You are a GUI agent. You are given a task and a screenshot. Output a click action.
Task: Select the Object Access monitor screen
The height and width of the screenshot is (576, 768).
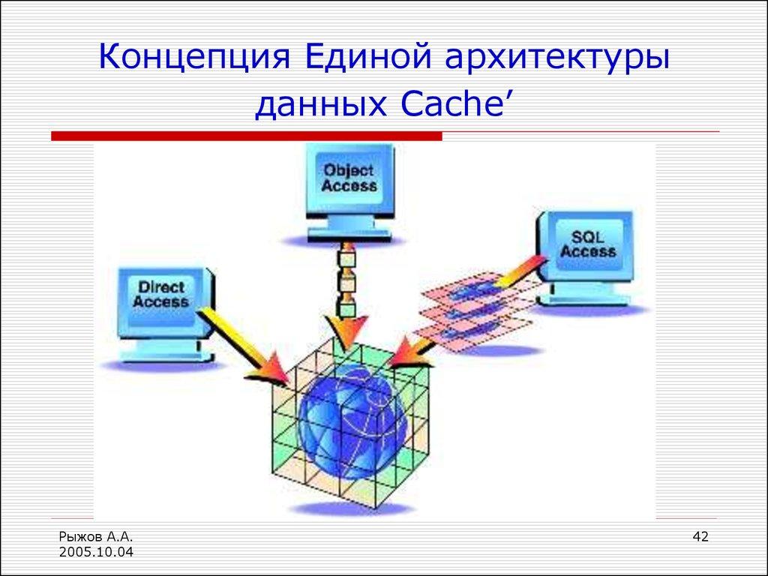349,178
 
